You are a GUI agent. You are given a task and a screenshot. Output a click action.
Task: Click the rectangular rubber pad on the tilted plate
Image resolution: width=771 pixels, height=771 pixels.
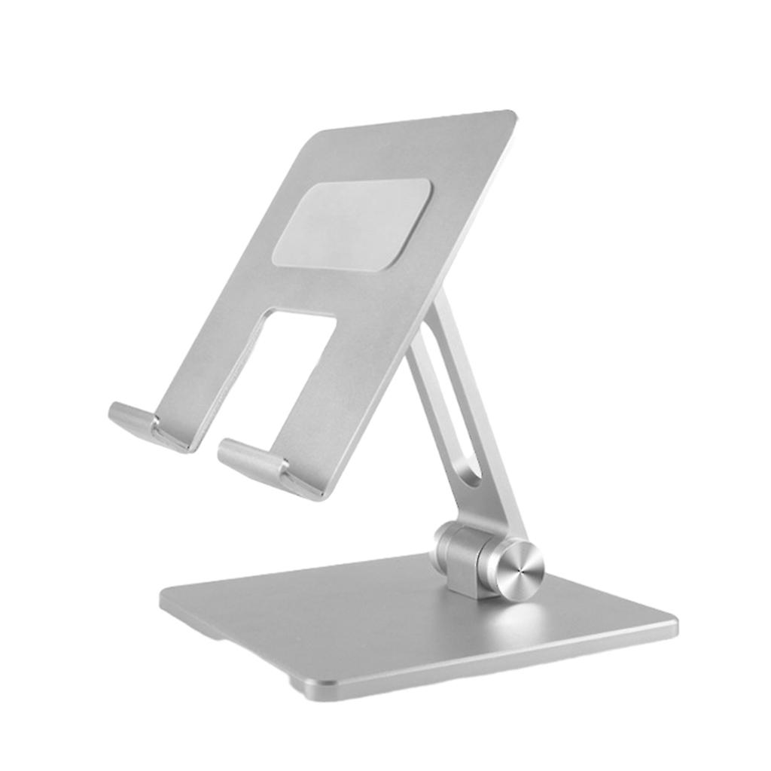352,224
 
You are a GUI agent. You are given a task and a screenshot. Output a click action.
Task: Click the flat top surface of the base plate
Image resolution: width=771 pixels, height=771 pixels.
376,617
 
